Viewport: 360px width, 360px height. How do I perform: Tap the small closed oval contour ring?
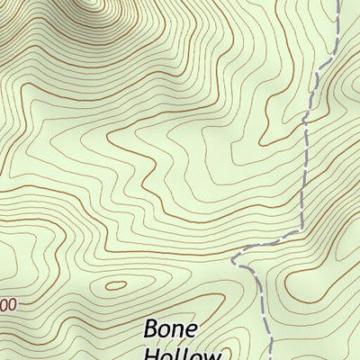116,286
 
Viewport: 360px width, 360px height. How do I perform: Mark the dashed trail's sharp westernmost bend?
233,260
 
